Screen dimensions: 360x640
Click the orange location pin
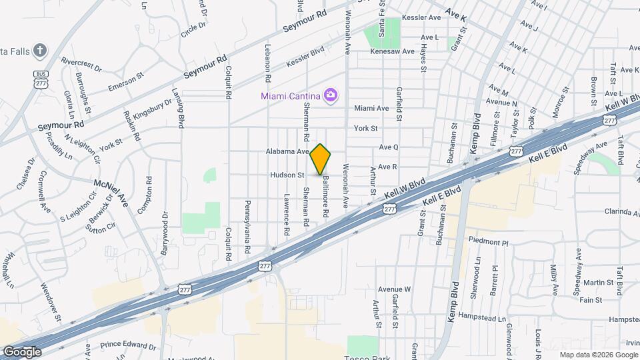click(x=321, y=159)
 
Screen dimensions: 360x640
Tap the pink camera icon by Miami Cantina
click(x=330, y=95)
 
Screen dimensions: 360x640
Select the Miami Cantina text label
click(x=291, y=96)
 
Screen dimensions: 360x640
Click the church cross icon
click(x=40, y=51)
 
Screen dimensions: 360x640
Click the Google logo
click(x=21, y=351)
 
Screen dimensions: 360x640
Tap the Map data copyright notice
click(x=598, y=355)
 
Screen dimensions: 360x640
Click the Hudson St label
click(x=287, y=175)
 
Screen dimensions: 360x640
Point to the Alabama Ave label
click(x=287, y=151)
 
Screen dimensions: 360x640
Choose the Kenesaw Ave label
click(x=393, y=51)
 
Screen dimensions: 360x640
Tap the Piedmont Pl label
click(x=488, y=242)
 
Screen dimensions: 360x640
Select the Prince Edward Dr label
click(x=128, y=346)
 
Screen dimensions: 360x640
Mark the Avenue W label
click(x=394, y=289)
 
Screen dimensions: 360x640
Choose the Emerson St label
click(x=125, y=83)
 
